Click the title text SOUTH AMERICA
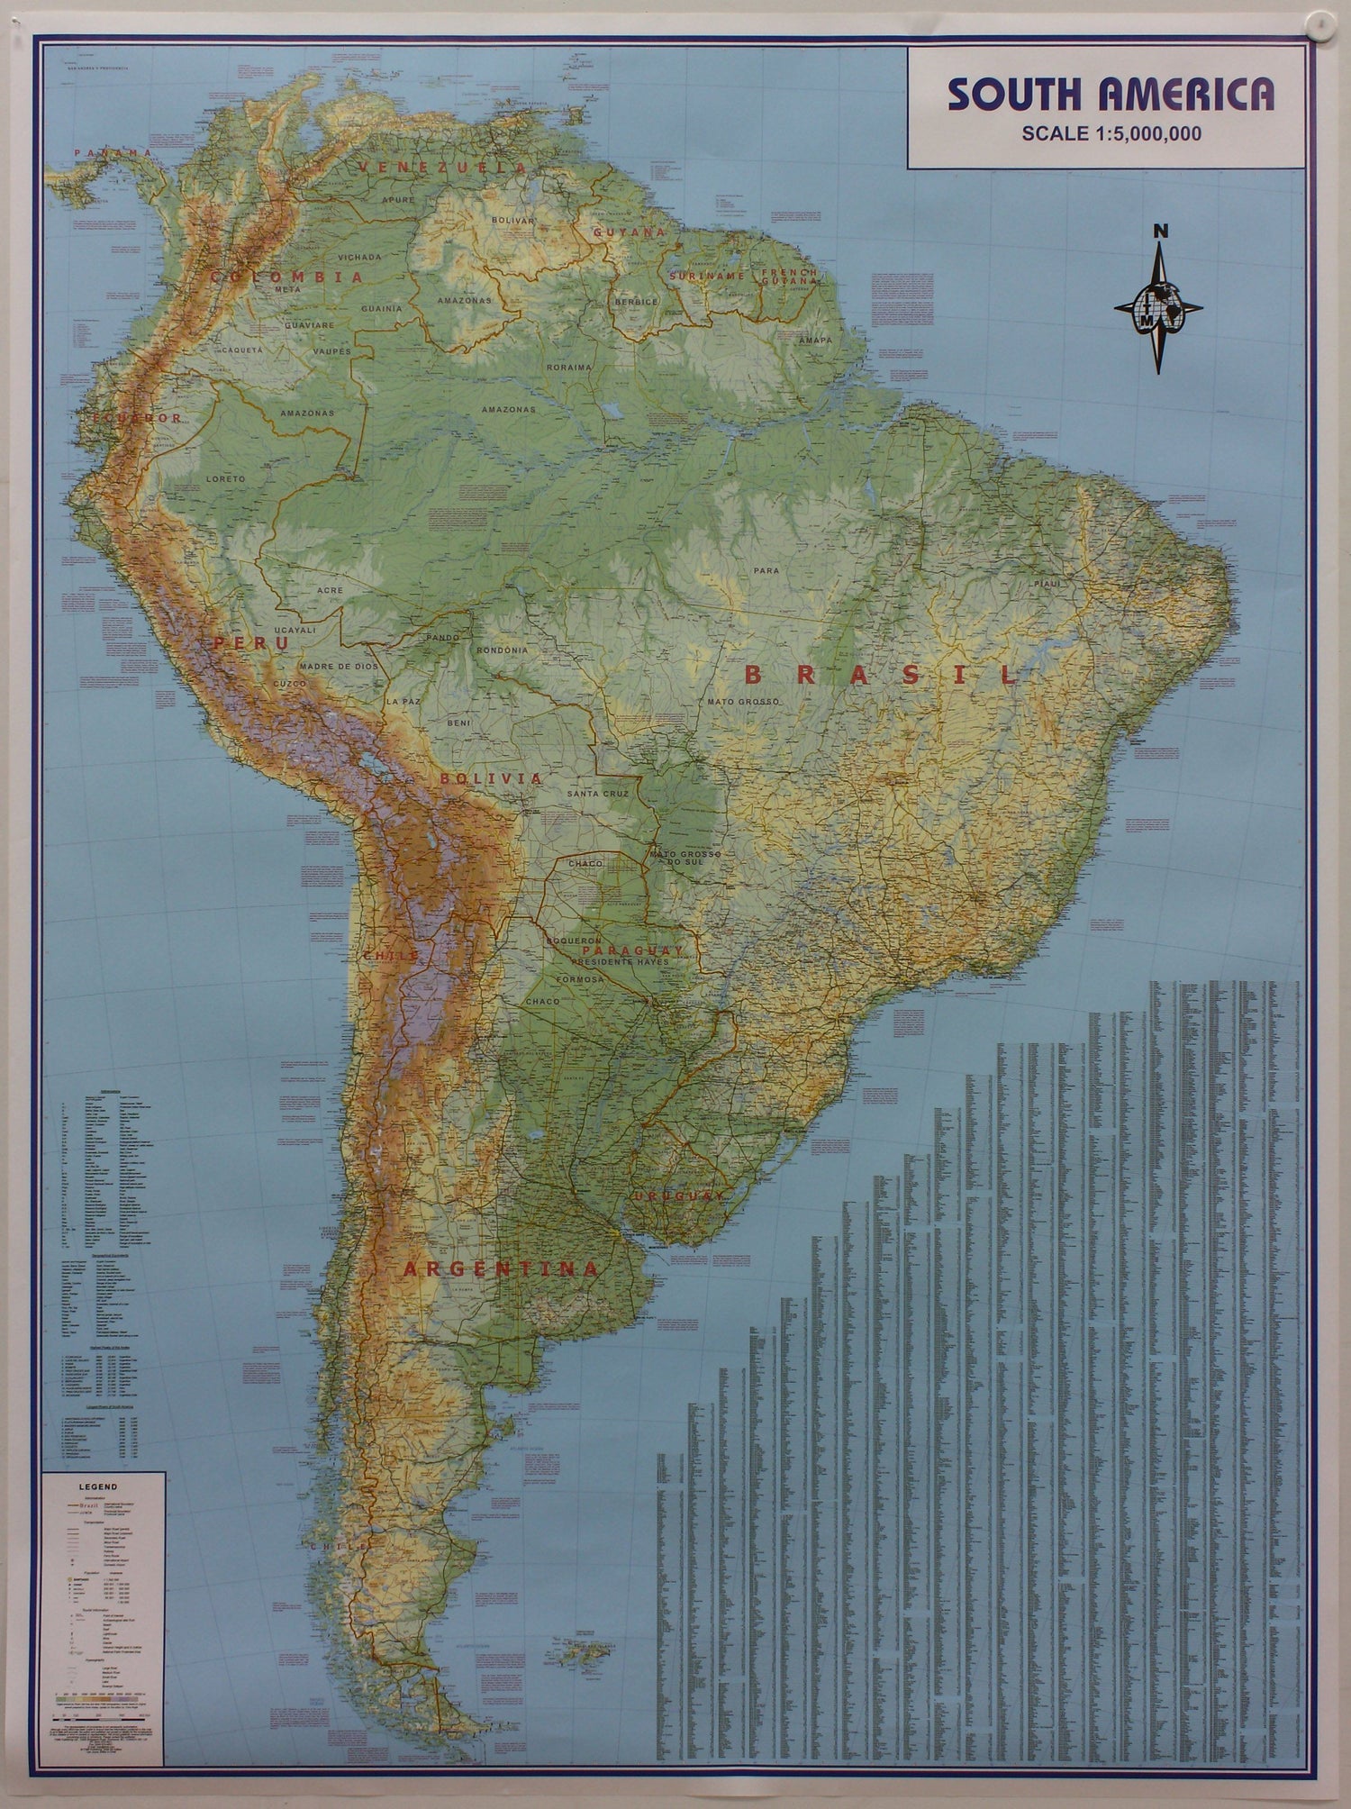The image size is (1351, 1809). click(x=1111, y=95)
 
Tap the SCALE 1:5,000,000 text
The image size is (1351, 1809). click(x=1111, y=133)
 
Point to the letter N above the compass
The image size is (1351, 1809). click(x=1162, y=232)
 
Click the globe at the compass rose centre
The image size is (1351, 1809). click(x=1159, y=306)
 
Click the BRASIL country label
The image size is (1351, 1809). click(x=880, y=675)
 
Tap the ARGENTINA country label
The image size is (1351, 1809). click(x=500, y=1269)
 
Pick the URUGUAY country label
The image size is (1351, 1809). click(x=677, y=1195)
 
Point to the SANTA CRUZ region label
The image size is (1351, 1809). click(x=597, y=794)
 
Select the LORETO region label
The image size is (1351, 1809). click(x=225, y=479)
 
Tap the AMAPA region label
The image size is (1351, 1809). click(x=815, y=340)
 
